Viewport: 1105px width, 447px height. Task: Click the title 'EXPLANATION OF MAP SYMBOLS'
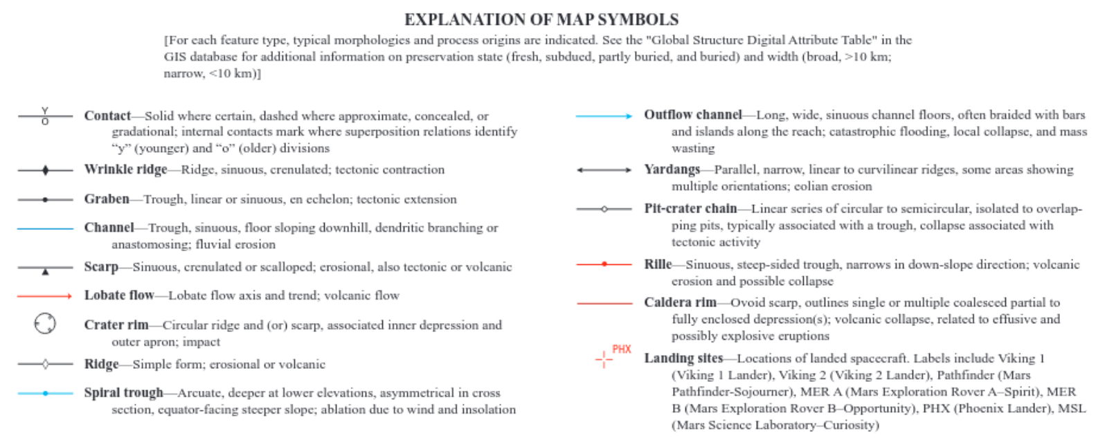tap(541, 19)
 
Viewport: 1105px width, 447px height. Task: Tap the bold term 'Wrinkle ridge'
tap(125, 170)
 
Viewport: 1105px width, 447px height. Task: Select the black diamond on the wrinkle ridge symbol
tap(46, 170)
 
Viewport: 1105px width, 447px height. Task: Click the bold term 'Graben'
tap(107, 199)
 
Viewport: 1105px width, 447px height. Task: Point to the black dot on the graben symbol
tap(46, 199)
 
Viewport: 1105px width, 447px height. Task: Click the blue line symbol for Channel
tap(46, 228)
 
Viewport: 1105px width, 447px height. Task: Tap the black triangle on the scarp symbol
tap(46, 272)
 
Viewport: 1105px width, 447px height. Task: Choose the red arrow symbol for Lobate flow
tap(46, 296)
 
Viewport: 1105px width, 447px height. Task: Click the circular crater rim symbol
tap(46, 324)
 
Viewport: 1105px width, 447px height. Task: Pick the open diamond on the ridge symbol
tap(46, 364)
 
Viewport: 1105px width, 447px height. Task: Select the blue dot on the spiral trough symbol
tap(46, 393)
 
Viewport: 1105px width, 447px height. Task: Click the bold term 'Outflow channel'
tap(692, 115)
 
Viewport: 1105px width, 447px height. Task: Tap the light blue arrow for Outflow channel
tap(604, 116)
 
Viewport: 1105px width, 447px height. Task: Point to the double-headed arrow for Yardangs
tap(604, 170)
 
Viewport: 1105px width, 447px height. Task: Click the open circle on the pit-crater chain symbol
tap(604, 209)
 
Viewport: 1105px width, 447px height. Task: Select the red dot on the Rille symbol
tap(604, 264)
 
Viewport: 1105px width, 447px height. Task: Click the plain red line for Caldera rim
tap(604, 303)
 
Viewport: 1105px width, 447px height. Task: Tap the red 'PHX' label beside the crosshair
tap(621, 349)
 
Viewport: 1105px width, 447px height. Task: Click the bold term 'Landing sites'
tap(683, 358)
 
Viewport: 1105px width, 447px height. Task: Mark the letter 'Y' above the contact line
tap(45, 111)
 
